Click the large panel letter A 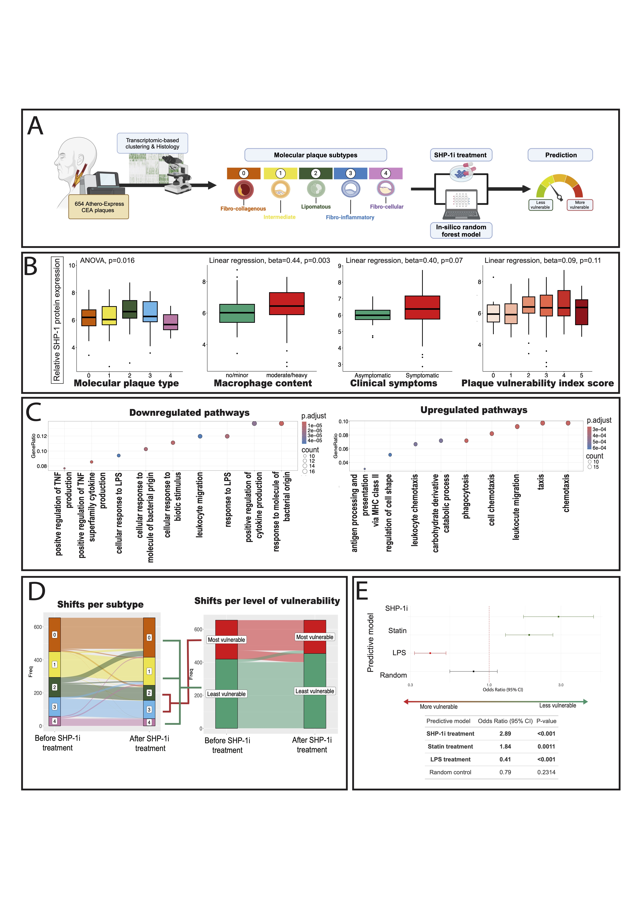[35, 126]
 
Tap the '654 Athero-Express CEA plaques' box [99, 207]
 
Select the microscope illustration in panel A [177, 175]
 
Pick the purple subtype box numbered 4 [386, 173]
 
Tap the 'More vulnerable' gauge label [579, 205]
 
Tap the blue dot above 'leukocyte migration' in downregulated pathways [200, 436]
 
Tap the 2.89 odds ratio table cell [505, 733]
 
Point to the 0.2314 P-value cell [546, 772]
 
